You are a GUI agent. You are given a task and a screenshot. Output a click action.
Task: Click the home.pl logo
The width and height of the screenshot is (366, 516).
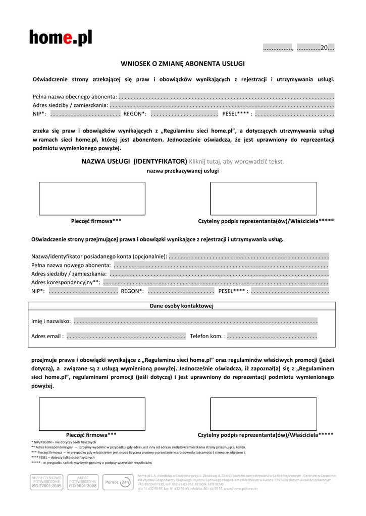61,37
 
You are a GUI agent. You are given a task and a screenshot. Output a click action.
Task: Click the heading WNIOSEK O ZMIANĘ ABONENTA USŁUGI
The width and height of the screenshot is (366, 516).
183,63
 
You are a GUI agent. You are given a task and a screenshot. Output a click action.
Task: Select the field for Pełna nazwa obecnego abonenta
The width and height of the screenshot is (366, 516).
226,96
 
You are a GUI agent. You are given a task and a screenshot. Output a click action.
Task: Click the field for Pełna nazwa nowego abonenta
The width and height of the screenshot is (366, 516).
221,265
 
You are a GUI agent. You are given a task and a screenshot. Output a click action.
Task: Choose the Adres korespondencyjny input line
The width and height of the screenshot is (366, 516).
216,282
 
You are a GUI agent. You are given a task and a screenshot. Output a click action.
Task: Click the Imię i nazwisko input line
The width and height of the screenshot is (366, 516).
195,321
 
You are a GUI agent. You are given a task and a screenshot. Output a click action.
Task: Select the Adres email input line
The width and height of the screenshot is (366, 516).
126,336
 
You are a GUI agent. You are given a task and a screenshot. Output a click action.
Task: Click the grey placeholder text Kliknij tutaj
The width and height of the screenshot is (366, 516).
236,162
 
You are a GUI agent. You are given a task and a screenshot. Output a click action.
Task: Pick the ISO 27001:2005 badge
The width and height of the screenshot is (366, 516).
46,482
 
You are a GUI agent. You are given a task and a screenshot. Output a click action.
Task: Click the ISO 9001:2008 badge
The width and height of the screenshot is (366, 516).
83,482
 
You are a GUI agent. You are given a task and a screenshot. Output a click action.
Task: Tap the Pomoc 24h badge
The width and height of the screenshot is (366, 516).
118,482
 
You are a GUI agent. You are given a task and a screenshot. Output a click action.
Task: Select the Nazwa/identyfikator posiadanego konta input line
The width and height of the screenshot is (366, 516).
248,256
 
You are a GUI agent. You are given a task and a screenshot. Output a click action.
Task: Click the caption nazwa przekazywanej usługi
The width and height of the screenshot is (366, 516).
183,171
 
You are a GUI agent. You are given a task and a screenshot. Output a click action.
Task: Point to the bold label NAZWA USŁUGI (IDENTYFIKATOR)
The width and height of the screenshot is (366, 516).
134,162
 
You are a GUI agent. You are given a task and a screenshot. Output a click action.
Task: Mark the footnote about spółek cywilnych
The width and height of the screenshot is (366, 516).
91,463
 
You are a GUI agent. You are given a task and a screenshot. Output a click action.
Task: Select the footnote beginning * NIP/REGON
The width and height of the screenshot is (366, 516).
64,442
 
